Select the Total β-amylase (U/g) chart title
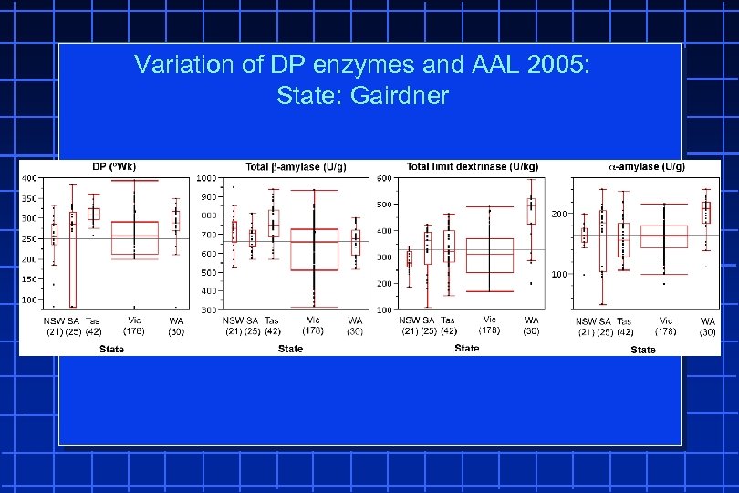click(296, 166)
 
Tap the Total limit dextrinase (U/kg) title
click(472, 166)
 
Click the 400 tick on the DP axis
click(30, 178)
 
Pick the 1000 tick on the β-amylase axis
click(206, 178)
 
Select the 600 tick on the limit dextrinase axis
click(384, 178)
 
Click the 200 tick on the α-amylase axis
click(558, 214)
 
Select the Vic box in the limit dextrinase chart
click(490, 256)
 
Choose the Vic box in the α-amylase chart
click(664, 236)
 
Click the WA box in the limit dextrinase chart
click(531, 211)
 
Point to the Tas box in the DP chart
click(93, 214)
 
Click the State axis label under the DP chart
click(111, 349)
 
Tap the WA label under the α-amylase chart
click(707, 321)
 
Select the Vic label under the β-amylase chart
click(313, 320)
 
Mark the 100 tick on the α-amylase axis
click(558, 275)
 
